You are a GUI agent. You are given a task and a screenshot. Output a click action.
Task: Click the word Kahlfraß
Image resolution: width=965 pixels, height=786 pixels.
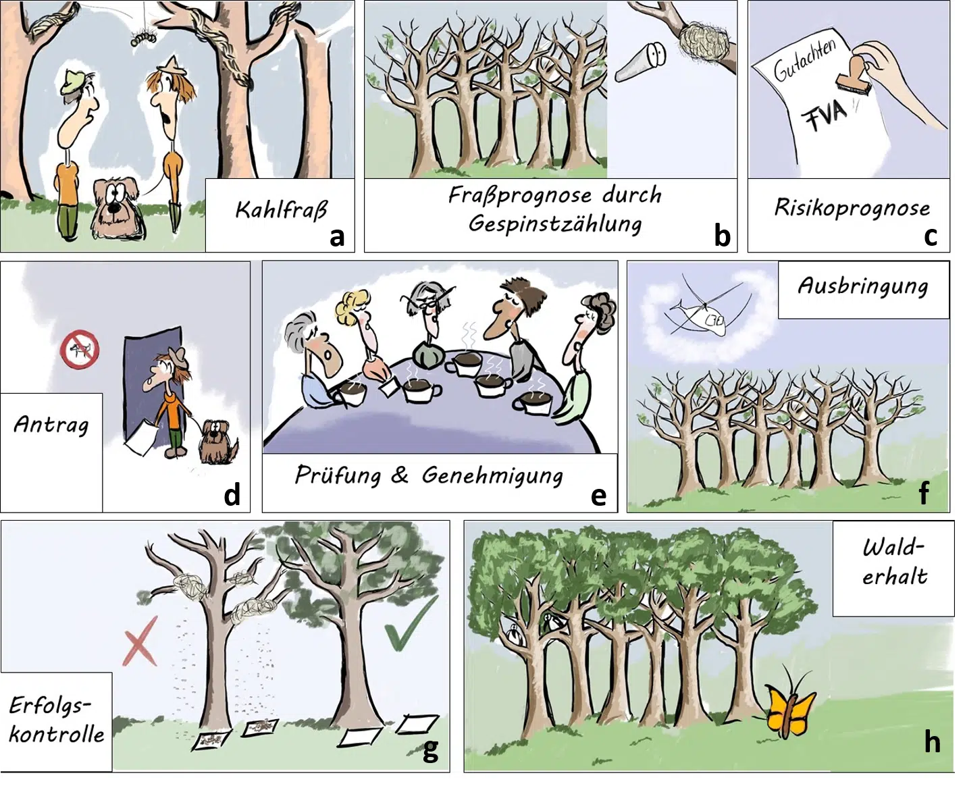pos(281,210)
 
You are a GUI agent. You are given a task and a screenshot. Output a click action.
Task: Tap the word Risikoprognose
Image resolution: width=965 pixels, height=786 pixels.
pos(852,208)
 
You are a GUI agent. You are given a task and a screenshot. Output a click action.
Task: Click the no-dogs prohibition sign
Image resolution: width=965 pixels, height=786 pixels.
pos(80,349)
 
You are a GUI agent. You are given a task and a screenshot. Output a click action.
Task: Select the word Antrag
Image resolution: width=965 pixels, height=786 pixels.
pos(51,425)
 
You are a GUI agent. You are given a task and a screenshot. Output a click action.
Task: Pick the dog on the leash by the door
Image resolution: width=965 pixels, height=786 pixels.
pos(218,442)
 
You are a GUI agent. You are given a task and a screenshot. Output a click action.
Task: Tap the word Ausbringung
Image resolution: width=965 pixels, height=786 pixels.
pos(863,287)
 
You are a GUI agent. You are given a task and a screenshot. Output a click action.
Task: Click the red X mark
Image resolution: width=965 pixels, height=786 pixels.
pos(141,641)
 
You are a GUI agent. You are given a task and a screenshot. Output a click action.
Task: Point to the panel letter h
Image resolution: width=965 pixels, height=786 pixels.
pos(933,741)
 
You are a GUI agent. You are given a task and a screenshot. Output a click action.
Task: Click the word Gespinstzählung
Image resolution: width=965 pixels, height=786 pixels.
pos(556,224)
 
